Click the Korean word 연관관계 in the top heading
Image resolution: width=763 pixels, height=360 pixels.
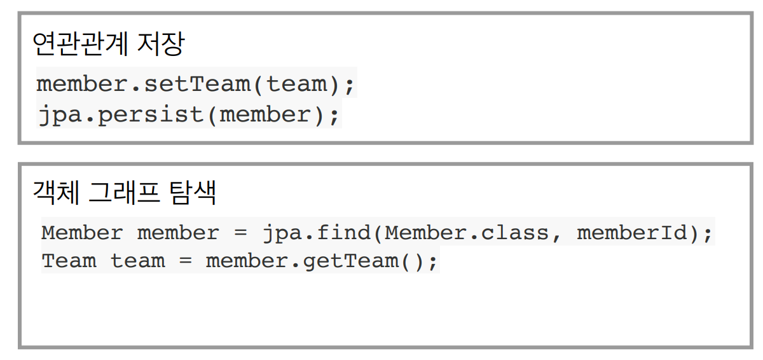point(80,44)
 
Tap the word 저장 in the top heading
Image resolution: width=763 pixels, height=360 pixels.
point(160,44)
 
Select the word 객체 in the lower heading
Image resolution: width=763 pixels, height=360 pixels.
point(56,193)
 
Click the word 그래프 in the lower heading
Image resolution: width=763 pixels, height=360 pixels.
point(124,193)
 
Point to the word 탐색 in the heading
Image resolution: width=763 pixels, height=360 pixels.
point(193,193)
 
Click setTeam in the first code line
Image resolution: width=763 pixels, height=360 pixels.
point(197,84)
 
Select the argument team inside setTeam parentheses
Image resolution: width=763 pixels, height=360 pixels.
point(297,84)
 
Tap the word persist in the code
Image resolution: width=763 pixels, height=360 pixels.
point(151,114)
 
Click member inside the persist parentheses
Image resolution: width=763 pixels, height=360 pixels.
point(265,114)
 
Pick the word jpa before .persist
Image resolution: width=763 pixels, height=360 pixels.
point(60,114)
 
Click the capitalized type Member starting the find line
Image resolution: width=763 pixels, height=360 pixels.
point(82,233)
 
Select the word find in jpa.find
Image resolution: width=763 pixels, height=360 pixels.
point(344,232)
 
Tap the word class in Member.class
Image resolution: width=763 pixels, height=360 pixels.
point(514,232)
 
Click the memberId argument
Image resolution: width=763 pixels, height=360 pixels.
point(632,232)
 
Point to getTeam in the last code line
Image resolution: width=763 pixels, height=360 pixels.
point(350,261)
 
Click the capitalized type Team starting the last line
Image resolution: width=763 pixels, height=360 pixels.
point(69,261)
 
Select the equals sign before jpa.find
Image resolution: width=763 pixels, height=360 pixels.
point(240,233)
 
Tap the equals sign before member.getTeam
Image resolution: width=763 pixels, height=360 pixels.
point(185,261)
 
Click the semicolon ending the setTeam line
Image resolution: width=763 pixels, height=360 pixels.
point(350,87)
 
